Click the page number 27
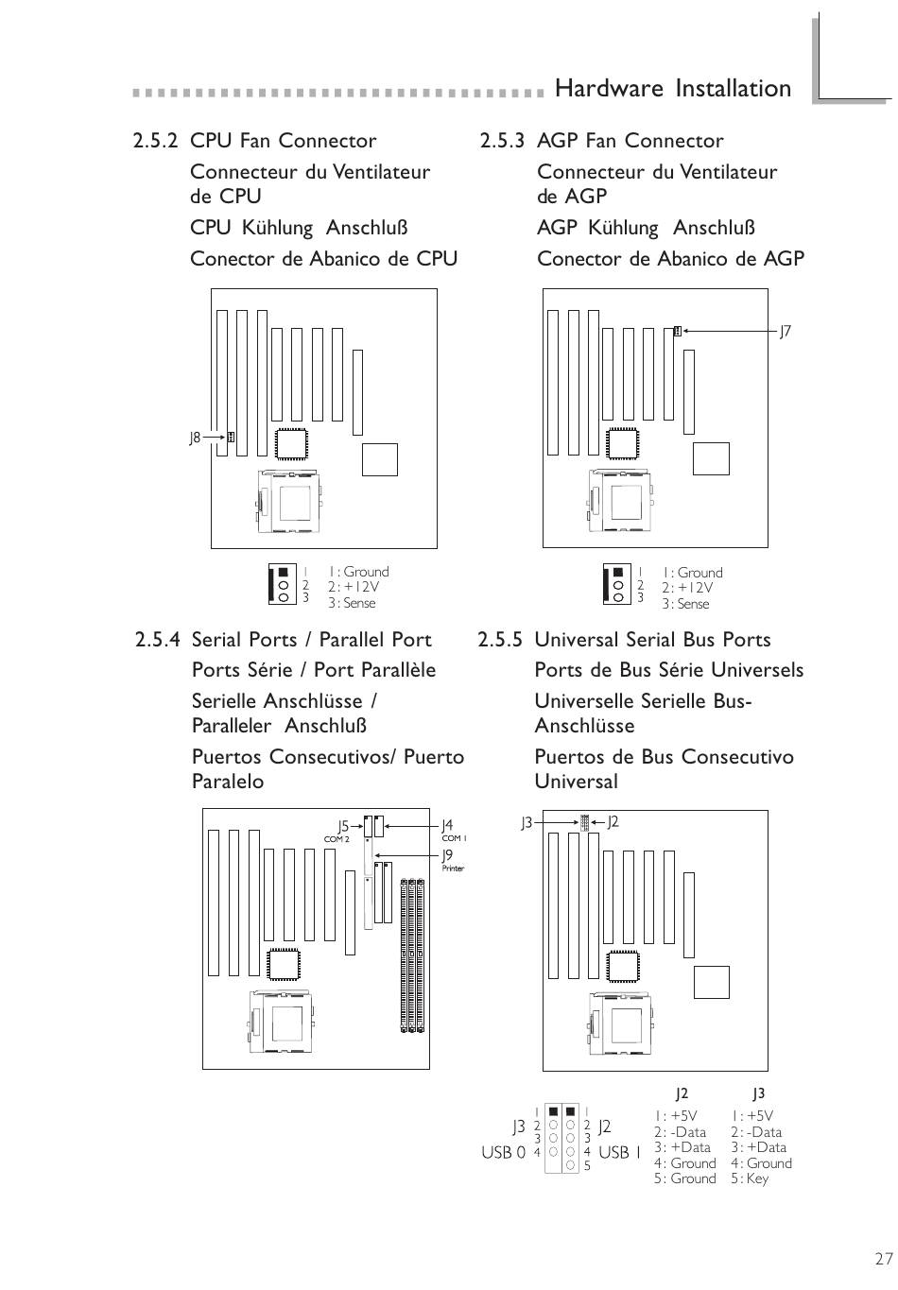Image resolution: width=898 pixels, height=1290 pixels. pos(884,1259)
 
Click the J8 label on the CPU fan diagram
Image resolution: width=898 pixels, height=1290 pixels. pos(195,438)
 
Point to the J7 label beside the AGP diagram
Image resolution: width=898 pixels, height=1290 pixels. pos(785,332)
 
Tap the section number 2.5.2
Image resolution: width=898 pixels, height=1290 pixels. pos(156,141)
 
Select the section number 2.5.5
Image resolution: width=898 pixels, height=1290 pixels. pos(500,640)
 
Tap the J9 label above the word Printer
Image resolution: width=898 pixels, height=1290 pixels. pos(448,855)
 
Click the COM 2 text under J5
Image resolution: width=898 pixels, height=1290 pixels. pos(337,839)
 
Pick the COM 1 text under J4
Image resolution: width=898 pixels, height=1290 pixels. pos(454,838)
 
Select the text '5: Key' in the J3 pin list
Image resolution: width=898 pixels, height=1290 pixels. pos(749,1178)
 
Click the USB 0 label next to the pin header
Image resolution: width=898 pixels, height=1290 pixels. pos(503,1152)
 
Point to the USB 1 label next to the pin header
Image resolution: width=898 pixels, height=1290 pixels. pos(619,1152)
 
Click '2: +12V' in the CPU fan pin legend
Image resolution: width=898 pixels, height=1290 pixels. pos(354,587)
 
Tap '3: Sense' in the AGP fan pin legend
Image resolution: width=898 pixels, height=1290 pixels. pos(685,604)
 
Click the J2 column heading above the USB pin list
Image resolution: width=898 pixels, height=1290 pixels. pos(682,1093)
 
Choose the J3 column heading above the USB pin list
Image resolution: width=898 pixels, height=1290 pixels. pos(758,1093)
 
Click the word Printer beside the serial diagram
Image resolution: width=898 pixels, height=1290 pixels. pos(453,869)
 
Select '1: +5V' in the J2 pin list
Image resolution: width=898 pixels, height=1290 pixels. pos(675,1116)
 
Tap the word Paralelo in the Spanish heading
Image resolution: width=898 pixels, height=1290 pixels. pos(228,782)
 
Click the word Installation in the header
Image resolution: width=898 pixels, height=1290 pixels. pos(734,89)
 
